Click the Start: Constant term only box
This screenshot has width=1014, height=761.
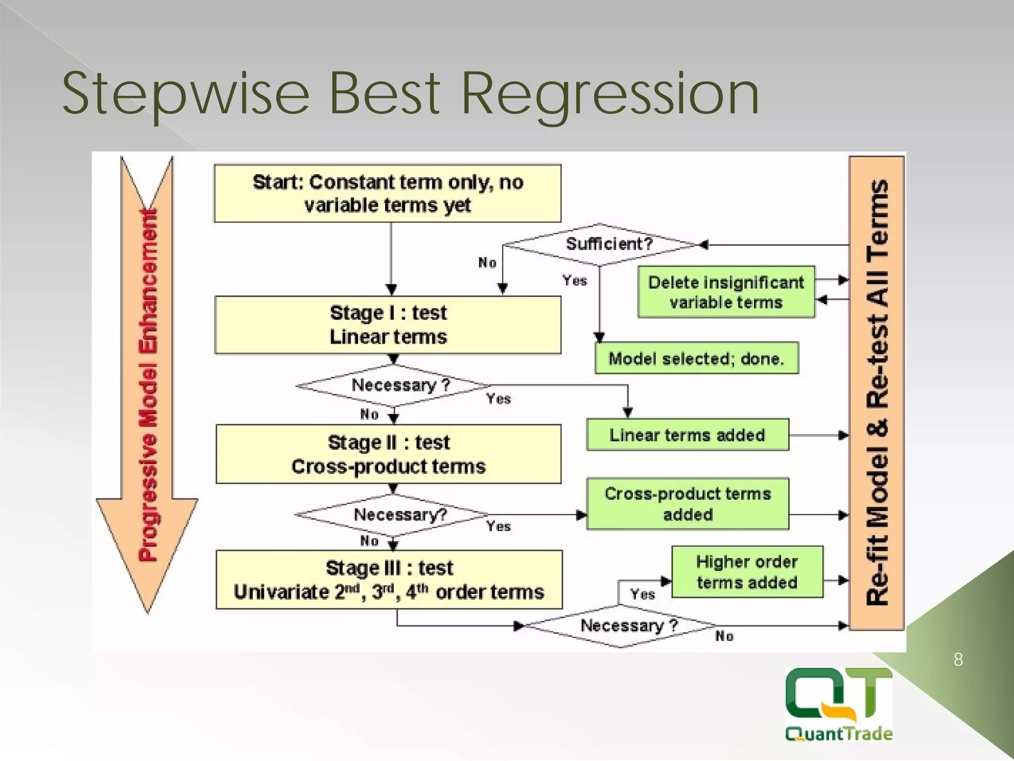pos(387,193)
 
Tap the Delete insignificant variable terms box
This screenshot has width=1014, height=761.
pos(726,292)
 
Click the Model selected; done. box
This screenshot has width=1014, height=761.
pos(696,358)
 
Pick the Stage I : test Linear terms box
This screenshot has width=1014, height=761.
pos(388,325)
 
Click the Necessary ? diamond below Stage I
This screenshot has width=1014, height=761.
pos(394,385)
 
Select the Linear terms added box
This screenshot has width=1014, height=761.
pos(687,435)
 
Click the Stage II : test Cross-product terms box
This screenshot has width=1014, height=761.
pos(388,454)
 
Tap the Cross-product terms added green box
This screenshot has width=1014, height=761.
pos(687,504)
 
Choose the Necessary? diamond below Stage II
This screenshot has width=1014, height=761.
pos(394,515)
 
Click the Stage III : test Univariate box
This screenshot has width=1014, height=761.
pos(389,580)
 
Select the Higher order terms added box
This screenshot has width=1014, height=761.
pos(747,572)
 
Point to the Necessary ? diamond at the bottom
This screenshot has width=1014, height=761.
pos(621,626)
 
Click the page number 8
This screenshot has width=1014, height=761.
pos(958,660)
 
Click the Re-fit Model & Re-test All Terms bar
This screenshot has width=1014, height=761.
pos(877,392)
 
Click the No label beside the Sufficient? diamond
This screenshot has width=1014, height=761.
pos(487,263)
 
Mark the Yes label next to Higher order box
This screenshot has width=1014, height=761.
pos(642,594)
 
